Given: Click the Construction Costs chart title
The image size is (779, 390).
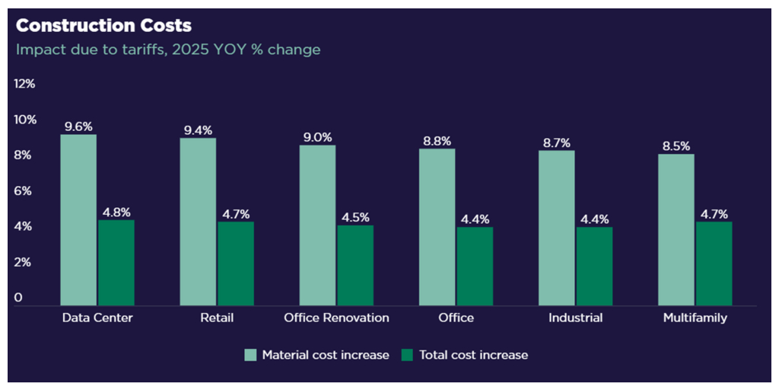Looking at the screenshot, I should tap(103, 25).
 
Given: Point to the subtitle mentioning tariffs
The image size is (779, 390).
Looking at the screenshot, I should tap(168, 50).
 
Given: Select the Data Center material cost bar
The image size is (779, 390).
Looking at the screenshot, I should tap(78, 220).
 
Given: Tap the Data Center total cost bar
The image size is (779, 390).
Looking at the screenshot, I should tap(116, 263).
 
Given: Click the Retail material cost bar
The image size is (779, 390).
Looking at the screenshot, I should tap(198, 222).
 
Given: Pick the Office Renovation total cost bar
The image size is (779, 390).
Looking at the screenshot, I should tap(355, 265).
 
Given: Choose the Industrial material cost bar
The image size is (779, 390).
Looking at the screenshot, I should tap(557, 228).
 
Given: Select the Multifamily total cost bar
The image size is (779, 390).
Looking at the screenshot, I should tap(714, 264).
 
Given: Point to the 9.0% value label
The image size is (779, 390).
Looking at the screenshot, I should tap(317, 138).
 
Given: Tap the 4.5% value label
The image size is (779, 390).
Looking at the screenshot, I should tap(355, 218).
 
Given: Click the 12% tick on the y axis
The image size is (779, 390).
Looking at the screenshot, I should tap(24, 84).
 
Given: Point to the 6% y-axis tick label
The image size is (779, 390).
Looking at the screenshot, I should tap(23, 191).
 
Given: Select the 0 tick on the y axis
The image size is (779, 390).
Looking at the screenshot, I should tap(18, 298).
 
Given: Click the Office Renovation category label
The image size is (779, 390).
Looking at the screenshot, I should tap(336, 318).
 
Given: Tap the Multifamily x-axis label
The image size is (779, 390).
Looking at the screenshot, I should tap(694, 318).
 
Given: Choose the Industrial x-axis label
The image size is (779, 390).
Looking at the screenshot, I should tap(575, 318).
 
